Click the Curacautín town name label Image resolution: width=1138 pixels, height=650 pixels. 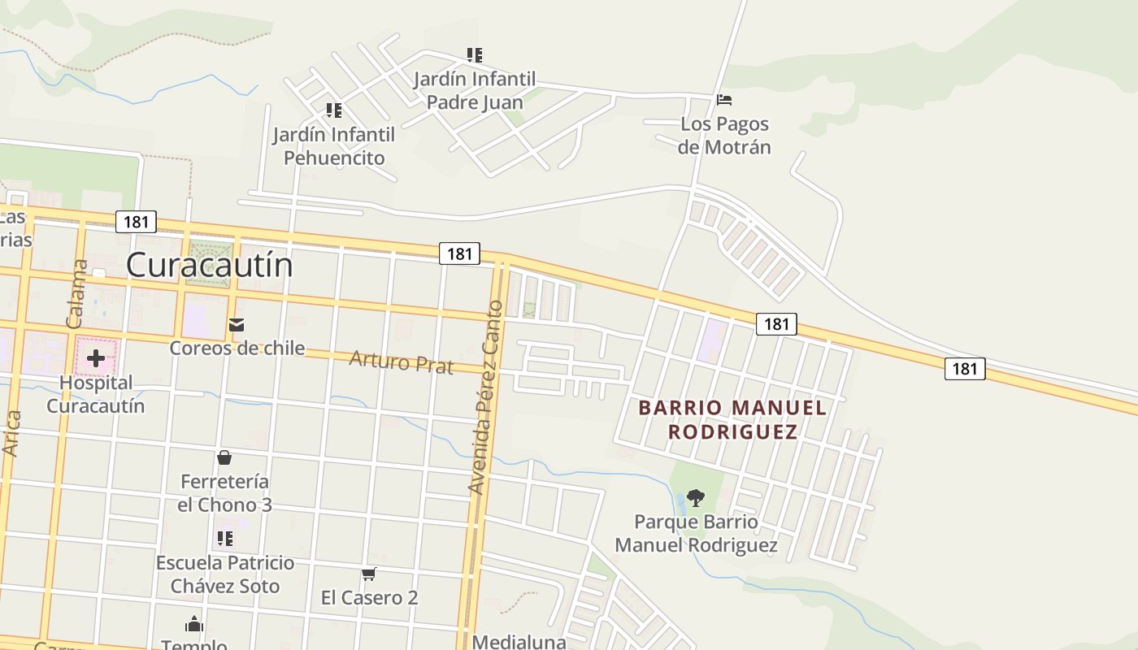click(x=209, y=266)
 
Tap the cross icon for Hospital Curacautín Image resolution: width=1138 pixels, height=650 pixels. click(x=96, y=357)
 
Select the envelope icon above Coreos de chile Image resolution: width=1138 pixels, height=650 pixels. click(x=237, y=325)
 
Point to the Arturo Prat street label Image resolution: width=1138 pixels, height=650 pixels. click(x=401, y=362)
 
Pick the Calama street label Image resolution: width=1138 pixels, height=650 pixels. click(x=76, y=293)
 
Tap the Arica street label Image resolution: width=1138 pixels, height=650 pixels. click(x=12, y=432)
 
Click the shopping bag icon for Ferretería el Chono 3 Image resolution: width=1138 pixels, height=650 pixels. click(x=224, y=458)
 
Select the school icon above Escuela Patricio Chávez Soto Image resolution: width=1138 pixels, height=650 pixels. click(x=225, y=538)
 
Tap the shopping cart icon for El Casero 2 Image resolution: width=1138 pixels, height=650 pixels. click(x=368, y=574)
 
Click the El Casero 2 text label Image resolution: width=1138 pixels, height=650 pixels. click(x=369, y=598)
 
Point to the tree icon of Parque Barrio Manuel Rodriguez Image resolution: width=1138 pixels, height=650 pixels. click(x=695, y=497)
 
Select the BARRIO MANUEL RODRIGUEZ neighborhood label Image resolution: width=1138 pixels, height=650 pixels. click(x=732, y=419)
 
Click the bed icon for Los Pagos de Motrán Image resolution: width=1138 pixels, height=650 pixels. click(x=724, y=100)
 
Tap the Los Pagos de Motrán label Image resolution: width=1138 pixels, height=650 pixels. click(x=724, y=136)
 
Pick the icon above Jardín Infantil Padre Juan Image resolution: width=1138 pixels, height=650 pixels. click(x=475, y=55)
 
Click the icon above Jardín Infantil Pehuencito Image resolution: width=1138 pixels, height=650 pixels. click(x=333, y=110)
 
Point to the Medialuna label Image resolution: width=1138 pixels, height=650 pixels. click(x=519, y=642)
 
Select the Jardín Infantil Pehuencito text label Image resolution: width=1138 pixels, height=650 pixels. click(x=333, y=146)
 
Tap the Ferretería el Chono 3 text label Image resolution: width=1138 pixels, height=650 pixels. click(x=224, y=493)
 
